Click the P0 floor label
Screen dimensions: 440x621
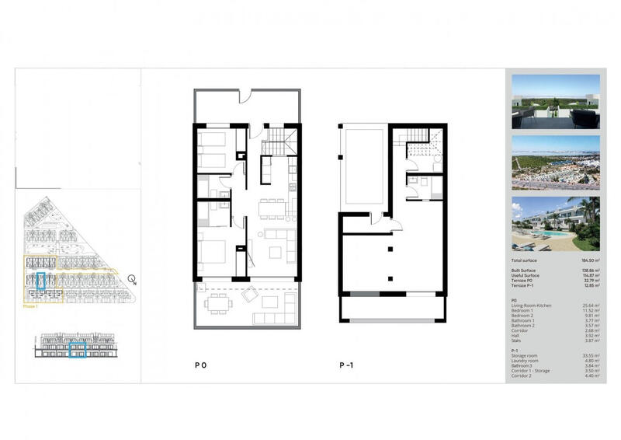(201, 365)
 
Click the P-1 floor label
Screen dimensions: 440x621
(347, 365)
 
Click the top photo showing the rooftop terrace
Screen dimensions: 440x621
(556, 101)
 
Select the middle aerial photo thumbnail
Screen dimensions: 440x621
(556, 162)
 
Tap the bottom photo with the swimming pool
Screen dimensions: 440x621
(556, 224)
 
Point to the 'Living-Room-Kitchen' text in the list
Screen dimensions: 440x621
(532, 306)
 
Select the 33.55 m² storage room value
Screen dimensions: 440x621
(591, 356)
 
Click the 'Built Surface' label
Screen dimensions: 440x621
(525, 271)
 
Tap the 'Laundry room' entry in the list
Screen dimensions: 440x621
(526, 361)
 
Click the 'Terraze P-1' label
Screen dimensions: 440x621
(524, 286)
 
